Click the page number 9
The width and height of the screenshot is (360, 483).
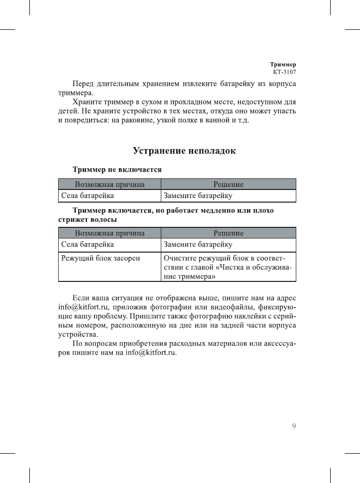point(294,426)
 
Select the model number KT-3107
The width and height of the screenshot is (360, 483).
point(284,72)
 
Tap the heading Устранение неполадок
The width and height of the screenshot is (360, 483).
point(184,151)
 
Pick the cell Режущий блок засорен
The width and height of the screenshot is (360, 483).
point(100,258)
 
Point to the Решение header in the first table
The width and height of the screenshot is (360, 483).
point(229,184)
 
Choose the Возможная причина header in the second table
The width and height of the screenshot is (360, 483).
point(110,233)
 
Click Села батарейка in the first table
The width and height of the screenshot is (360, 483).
point(87,195)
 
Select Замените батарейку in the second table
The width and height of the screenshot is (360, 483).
point(198,245)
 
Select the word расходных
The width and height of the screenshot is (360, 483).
point(189,343)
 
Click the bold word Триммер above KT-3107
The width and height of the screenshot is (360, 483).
point(283,65)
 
